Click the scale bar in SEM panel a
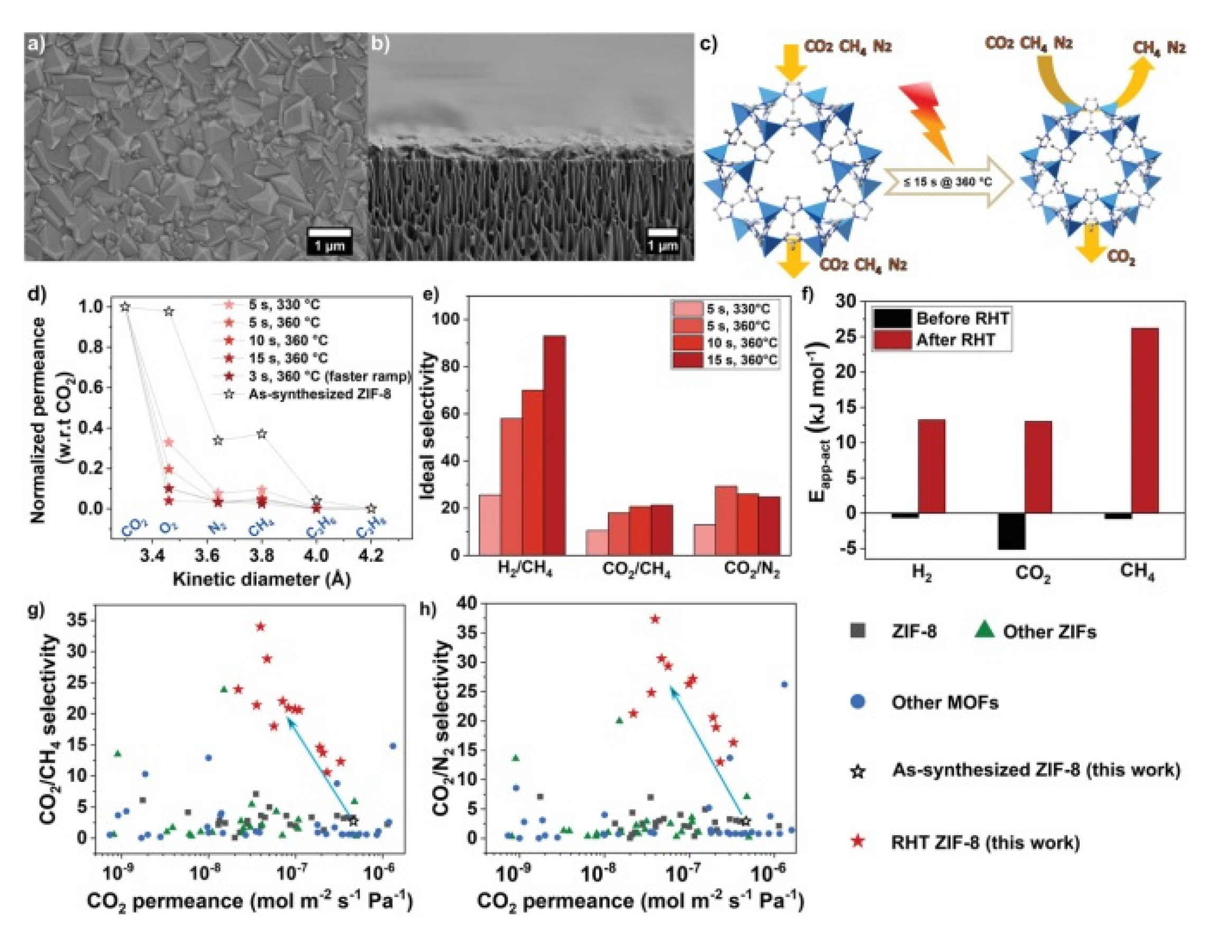pyautogui.click(x=330, y=233)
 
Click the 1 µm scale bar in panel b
pyautogui.click(x=663, y=233)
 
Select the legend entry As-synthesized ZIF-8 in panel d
pyautogui.click(x=319, y=394)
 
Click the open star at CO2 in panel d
pyautogui.click(x=125, y=307)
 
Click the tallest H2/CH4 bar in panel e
pyautogui.click(x=554, y=445)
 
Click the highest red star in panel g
pyautogui.click(x=260, y=626)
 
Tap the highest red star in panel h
pyautogui.click(x=655, y=619)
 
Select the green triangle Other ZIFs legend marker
pyautogui.click(x=985, y=630)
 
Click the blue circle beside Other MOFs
pyautogui.click(x=860, y=702)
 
